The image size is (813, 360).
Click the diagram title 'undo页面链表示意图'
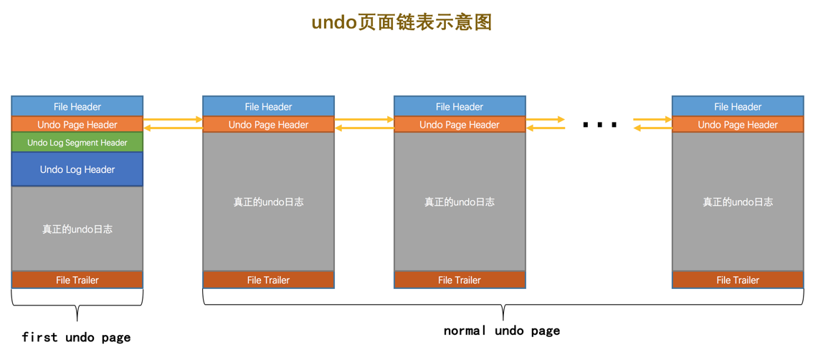tap(401, 22)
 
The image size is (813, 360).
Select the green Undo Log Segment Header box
tap(77, 143)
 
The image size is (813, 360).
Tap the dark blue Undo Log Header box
tap(77, 170)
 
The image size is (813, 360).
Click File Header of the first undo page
tap(77, 107)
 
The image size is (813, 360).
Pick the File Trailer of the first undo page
tap(77, 280)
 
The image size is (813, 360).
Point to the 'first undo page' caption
tap(76, 337)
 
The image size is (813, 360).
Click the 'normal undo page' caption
tap(502, 331)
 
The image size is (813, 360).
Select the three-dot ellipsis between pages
tap(600, 125)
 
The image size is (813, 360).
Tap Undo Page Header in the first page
tap(77, 125)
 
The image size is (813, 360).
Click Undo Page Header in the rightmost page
tap(738, 125)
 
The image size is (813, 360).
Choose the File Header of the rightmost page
tap(738, 107)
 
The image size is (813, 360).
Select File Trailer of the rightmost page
tap(738, 280)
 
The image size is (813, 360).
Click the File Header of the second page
tap(268, 107)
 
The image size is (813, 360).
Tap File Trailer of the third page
tap(460, 280)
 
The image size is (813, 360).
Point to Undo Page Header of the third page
tap(460, 125)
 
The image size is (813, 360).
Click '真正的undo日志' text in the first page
tap(77, 229)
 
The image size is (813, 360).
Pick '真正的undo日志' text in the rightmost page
tap(738, 202)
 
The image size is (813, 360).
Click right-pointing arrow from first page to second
tap(173, 120)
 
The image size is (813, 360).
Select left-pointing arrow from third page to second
tap(364, 128)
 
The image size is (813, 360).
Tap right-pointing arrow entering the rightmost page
tap(652, 120)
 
